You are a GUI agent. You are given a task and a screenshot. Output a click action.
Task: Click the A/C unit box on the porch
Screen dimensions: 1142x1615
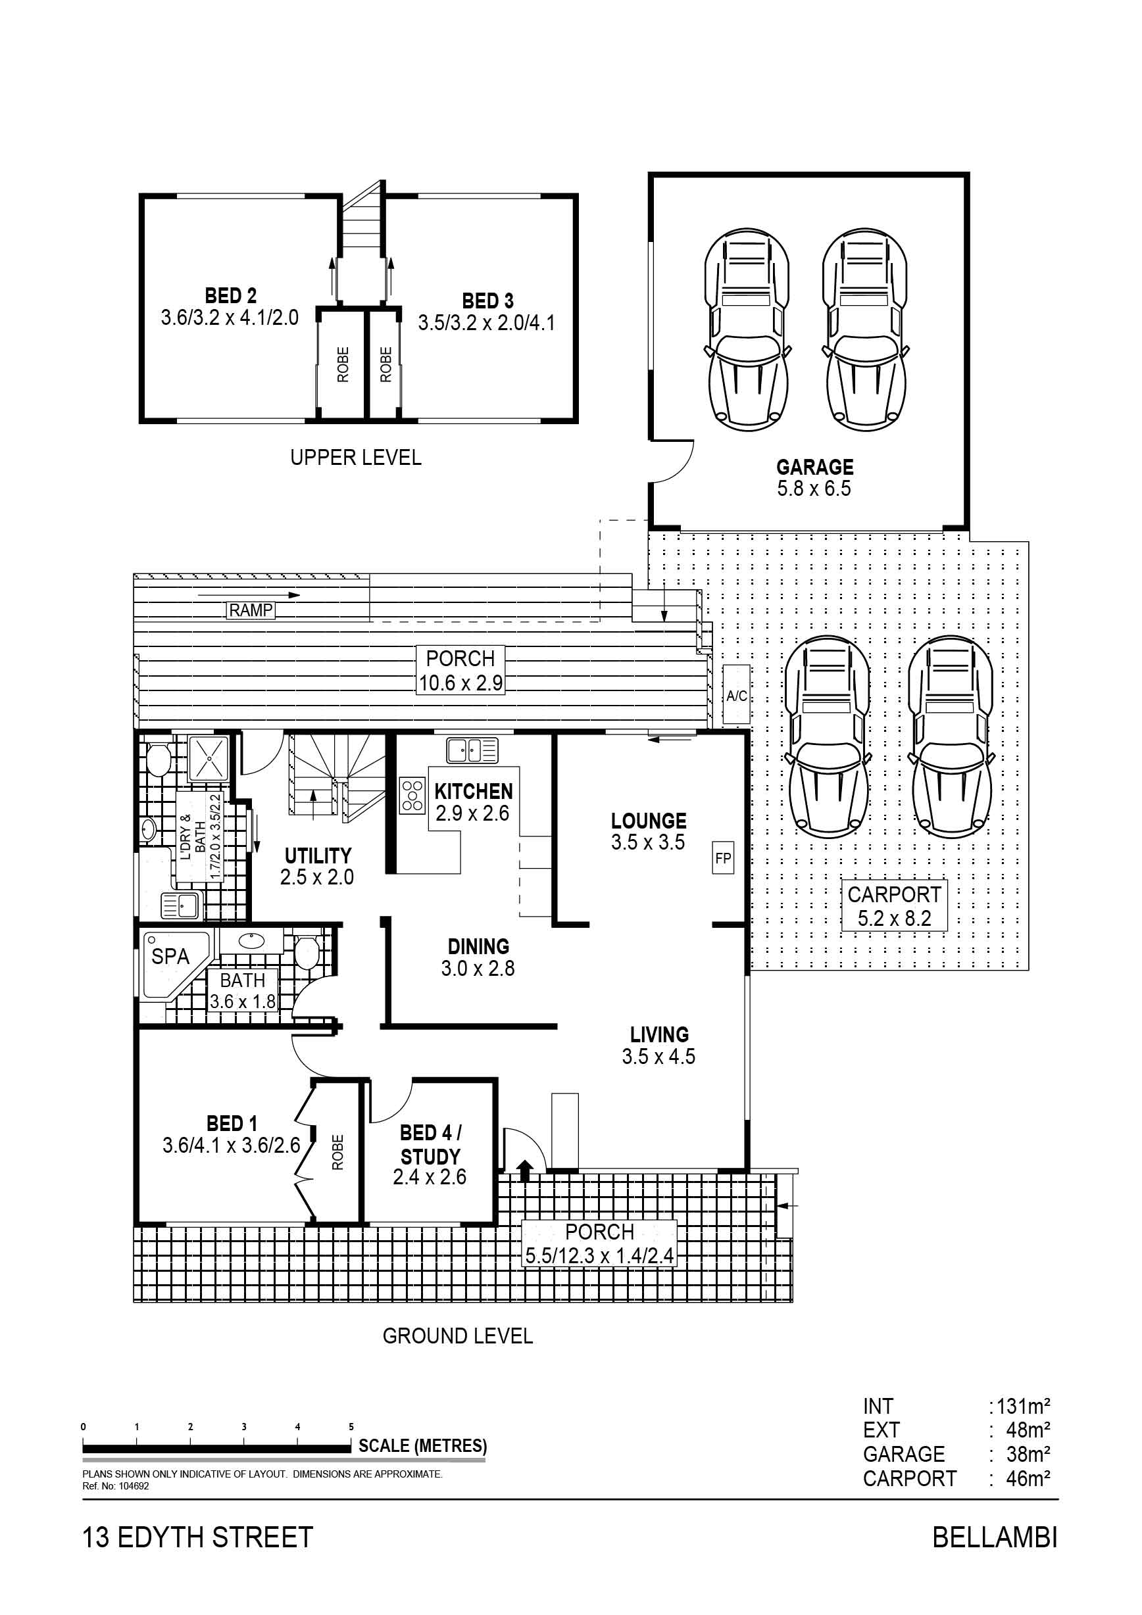[737, 696]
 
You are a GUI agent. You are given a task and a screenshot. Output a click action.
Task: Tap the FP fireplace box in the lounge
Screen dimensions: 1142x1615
[723, 857]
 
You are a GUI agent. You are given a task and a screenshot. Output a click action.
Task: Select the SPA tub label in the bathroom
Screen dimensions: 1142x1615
[170, 957]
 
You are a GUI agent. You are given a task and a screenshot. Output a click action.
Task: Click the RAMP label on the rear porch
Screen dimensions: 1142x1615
[251, 610]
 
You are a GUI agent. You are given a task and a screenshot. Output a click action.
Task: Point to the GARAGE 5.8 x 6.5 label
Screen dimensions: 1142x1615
[814, 477]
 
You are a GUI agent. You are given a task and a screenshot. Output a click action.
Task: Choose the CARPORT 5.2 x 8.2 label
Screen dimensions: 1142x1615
[894, 905]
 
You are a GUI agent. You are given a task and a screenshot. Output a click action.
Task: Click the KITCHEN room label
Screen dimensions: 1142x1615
[473, 791]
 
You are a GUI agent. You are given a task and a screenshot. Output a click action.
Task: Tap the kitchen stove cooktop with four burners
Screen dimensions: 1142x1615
[412, 796]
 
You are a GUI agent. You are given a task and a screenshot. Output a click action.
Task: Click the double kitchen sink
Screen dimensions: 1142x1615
[472, 750]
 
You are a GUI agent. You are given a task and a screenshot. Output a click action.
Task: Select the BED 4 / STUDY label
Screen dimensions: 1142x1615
[430, 1144]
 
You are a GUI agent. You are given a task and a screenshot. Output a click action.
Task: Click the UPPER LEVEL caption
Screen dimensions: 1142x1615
[356, 458]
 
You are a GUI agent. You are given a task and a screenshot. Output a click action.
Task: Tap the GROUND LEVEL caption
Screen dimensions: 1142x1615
[457, 1336]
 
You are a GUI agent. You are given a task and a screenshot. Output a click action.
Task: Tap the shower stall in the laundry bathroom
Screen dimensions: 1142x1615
[209, 758]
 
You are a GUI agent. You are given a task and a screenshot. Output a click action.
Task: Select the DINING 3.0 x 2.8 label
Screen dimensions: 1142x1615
[478, 957]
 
